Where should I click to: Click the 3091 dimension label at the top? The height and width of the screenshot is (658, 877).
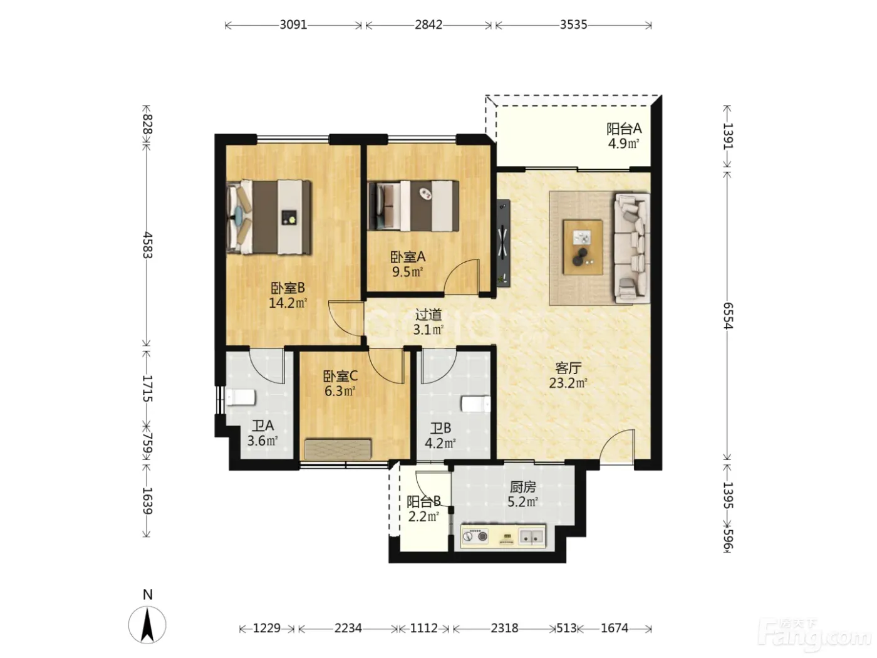coord(293,25)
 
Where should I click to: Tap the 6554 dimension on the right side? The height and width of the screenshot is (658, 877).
coord(728,315)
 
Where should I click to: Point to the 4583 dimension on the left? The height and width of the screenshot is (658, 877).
coord(148,245)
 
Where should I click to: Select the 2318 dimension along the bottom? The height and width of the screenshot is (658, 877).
coord(504,629)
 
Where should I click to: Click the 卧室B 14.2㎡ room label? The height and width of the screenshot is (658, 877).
coord(288,295)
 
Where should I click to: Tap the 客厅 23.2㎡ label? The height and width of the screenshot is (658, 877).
coord(568,375)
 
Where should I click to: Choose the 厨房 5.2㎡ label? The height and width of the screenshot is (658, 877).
coord(522,494)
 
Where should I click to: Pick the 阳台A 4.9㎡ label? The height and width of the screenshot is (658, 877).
coord(624,136)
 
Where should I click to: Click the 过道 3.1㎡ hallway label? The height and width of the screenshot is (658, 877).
coord(428,322)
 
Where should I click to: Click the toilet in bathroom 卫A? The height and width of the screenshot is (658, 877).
coord(240,397)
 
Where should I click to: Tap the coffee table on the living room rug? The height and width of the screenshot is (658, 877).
coord(583,247)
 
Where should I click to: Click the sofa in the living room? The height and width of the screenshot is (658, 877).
coord(631,248)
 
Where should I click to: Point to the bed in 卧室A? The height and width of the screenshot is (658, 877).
coord(413,206)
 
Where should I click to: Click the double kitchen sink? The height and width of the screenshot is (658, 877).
coord(531,536)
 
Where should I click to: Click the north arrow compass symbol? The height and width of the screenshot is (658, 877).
coord(147,624)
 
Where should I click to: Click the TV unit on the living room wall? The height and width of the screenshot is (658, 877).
coord(504,243)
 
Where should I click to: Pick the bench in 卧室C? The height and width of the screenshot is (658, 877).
coord(338,449)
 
